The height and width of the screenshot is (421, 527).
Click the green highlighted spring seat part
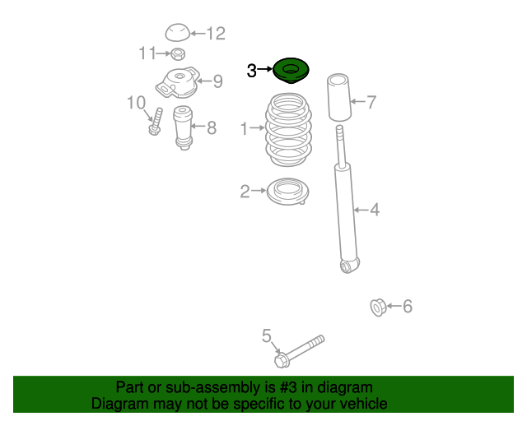click(291, 71)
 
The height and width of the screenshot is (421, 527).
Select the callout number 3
click(251, 71)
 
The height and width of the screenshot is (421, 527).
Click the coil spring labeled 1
click(288, 130)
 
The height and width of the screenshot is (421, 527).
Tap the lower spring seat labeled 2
click(287, 192)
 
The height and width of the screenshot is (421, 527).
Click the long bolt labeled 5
click(299, 351)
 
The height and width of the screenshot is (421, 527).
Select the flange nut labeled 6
click(377, 308)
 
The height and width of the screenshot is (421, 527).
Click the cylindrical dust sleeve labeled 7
click(339, 97)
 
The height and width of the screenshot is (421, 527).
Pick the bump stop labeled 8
click(183, 128)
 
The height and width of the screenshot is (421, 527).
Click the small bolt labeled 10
click(156, 122)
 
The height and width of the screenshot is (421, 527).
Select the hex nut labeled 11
click(178, 53)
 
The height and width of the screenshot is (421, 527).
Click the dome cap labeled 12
click(178, 33)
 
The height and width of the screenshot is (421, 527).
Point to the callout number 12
click(216, 34)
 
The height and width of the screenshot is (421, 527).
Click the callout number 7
click(371, 102)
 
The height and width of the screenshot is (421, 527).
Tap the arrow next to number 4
click(361, 210)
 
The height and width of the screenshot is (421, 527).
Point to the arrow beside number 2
click(259, 191)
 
